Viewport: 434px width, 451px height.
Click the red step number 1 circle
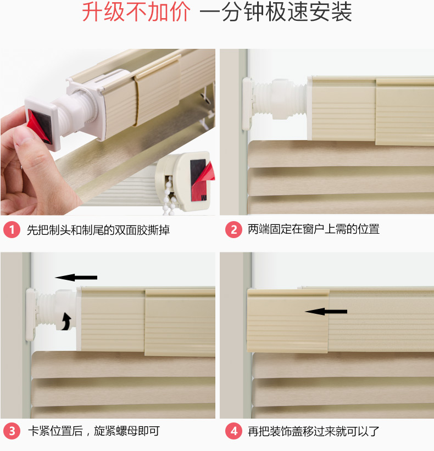[x=12, y=229]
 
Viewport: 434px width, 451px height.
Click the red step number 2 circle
[x=233, y=229]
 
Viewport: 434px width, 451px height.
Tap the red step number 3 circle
[x=12, y=431]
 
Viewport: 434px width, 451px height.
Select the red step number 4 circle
[x=233, y=431]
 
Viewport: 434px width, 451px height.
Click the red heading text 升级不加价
[x=136, y=12]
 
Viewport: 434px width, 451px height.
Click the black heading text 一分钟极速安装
[x=276, y=12]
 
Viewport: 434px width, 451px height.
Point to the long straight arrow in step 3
[x=76, y=278]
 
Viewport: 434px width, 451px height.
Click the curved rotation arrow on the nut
[x=67, y=322]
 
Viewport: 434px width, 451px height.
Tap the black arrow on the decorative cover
[x=326, y=312]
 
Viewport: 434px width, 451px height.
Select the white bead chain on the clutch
[x=169, y=195]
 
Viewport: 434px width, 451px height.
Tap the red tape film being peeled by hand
[x=37, y=127]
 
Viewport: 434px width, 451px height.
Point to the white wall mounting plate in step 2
[x=247, y=104]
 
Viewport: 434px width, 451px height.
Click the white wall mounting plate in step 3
[x=31, y=315]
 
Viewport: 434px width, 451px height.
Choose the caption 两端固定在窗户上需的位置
[x=314, y=229]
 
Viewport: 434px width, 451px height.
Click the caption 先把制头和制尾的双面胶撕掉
[x=98, y=230]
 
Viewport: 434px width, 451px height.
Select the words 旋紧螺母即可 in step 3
[x=127, y=431]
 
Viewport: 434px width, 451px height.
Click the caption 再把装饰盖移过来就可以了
[x=314, y=431]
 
